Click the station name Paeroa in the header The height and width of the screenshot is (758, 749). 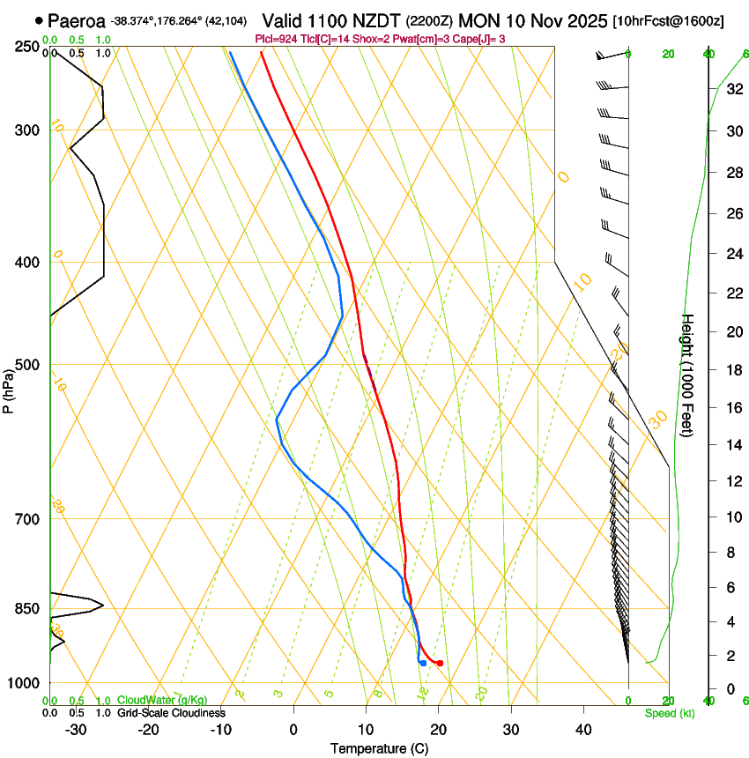tap(77, 19)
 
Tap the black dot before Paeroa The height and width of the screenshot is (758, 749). tap(39, 19)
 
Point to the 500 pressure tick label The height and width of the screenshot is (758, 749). tap(28, 365)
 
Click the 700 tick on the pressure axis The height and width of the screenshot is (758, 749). tap(28, 518)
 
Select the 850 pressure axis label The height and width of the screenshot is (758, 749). tap(28, 608)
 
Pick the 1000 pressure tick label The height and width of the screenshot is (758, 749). tap(25, 683)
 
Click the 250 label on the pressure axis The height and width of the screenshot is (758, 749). tap(28, 46)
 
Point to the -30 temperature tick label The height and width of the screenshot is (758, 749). tap(76, 730)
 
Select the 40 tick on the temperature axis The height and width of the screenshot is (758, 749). tap(583, 730)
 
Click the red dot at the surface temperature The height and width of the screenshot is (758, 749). tap(440, 663)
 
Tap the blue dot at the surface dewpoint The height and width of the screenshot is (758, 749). tap(424, 663)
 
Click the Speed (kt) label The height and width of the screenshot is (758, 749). tap(669, 713)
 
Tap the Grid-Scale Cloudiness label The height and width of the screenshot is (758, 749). tap(170, 713)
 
